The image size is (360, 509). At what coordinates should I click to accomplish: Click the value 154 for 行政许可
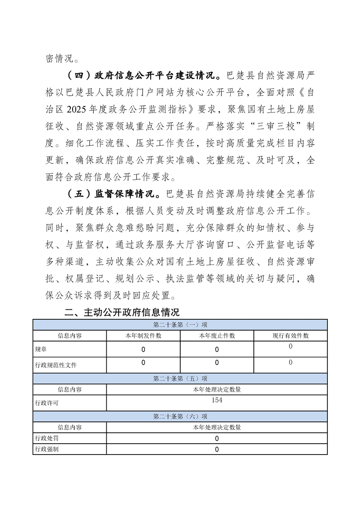[x=217, y=400]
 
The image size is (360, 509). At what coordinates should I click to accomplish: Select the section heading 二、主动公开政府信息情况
[x=122, y=313]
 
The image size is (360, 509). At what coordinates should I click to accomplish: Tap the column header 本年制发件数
[x=143, y=336]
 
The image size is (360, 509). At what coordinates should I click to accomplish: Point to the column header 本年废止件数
[x=217, y=336]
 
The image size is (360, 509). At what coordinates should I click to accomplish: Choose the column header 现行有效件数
[x=291, y=336]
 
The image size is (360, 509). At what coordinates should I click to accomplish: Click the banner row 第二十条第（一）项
[x=180, y=325]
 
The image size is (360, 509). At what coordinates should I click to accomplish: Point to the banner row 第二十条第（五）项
[x=180, y=378]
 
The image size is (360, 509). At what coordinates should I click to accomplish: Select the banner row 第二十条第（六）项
[x=180, y=416]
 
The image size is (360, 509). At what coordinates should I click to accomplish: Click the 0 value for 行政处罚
[x=217, y=439]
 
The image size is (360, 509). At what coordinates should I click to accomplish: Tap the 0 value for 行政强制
[x=217, y=450]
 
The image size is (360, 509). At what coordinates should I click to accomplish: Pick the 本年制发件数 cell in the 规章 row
[x=143, y=350]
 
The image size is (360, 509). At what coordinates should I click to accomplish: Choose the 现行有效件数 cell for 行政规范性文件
[x=291, y=362]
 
